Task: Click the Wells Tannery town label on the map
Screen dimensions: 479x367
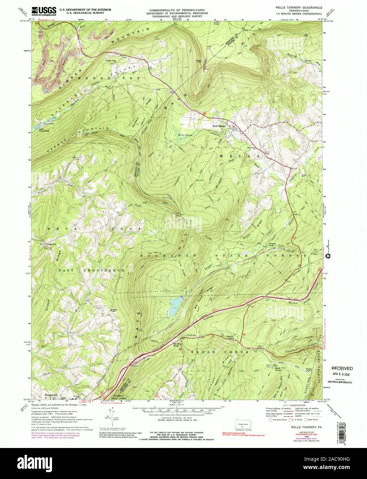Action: (219, 126)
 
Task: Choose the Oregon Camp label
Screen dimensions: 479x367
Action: (274, 245)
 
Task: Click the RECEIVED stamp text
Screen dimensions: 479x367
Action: (342, 368)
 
